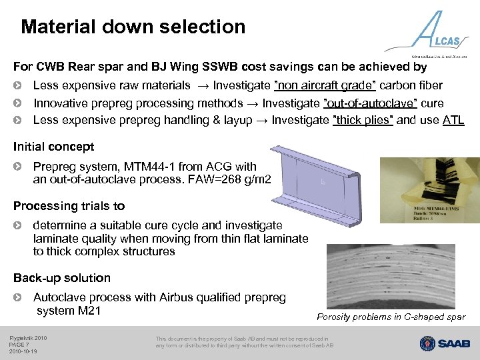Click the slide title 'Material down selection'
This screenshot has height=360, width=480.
[133, 27]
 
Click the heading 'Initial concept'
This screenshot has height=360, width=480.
[54, 147]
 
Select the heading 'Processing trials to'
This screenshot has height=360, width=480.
[69, 206]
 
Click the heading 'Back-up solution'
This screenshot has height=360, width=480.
[62, 278]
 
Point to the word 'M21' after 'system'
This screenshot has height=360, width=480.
[89, 311]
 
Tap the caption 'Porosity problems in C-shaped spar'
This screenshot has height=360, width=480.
[391, 317]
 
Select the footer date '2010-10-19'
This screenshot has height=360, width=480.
[23, 351]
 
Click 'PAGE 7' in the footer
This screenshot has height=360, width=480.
[19, 345]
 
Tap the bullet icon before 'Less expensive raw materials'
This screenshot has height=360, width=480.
[20, 85]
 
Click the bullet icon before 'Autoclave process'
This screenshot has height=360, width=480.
[20, 297]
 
